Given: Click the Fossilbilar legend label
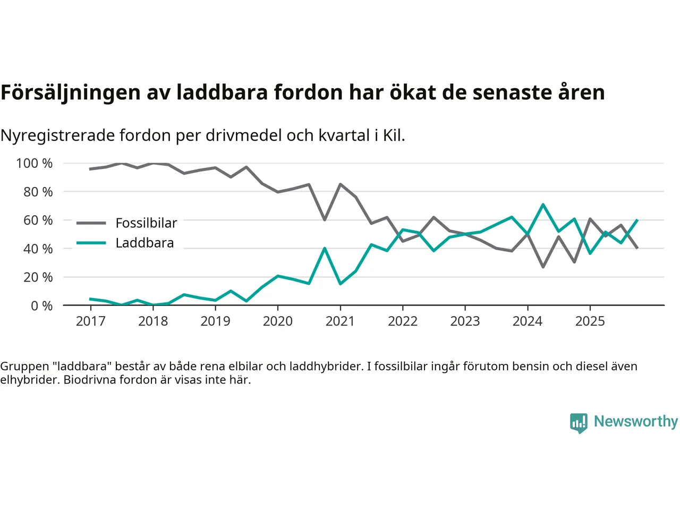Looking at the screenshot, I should (146, 223).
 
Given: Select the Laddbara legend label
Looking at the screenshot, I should (144, 243).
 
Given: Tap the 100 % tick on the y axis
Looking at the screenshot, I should (35, 163).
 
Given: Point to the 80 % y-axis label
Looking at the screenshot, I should (38, 192).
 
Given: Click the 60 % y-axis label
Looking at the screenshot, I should (38, 220).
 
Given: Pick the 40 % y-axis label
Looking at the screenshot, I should (38, 249).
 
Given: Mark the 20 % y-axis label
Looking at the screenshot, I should (38, 277).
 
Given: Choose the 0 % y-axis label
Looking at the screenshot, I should (41, 305).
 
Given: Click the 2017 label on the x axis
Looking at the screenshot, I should (90, 321).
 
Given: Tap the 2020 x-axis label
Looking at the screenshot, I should (278, 321).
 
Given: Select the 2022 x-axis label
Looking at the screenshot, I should (403, 321).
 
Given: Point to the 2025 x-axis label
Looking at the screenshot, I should (590, 321).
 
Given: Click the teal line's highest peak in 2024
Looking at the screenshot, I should (543, 205).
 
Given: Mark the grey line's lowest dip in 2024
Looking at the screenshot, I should (543, 267).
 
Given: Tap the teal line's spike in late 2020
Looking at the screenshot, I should (325, 248).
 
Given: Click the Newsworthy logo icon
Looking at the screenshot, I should (579, 422).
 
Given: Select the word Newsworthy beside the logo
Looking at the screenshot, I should (636, 421).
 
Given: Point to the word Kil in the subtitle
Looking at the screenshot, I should (393, 135).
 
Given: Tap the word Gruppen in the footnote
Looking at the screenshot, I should (24, 367).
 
